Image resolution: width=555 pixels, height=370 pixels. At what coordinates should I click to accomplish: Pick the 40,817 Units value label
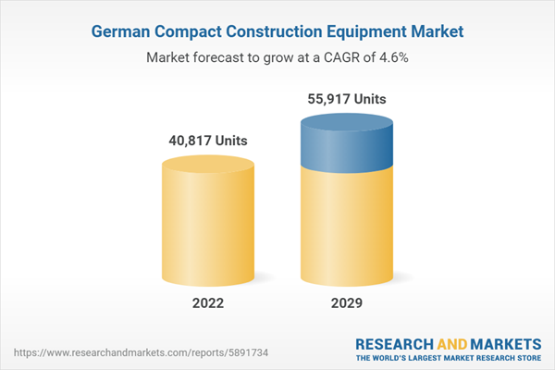tap(207, 142)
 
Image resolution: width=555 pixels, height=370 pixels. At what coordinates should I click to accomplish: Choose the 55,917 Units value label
tap(346, 99)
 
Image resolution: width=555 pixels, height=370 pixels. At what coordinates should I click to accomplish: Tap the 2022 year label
tap(207, 304)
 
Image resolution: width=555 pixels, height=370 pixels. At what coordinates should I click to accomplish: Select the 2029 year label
tap(346, 304)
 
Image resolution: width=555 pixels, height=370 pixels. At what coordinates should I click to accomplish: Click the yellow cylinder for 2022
tap(207, 227)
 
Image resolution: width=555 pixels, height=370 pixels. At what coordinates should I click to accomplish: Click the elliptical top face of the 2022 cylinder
tap(207, 166)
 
